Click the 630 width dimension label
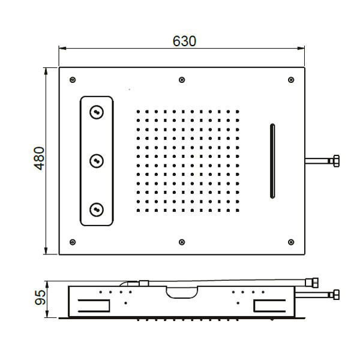184,41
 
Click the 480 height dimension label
39,158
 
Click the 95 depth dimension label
40,298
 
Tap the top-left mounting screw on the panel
73,80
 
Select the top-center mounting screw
182,80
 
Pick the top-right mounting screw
291,80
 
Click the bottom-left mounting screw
73,242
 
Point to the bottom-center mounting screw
182,242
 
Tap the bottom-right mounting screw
291,242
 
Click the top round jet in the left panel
97,112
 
